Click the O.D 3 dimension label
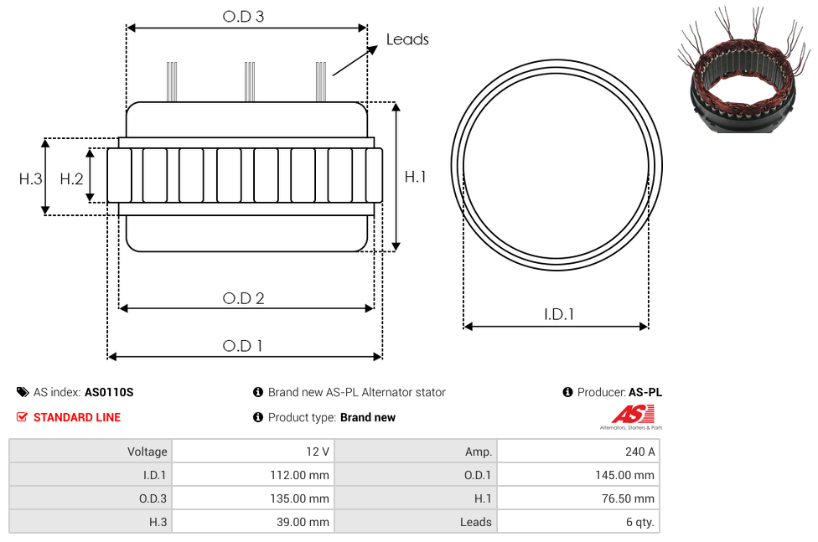click(x=243, y=17)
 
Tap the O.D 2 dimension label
click(x=243, y=298)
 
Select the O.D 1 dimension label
click(x=242, y=346)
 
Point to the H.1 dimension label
click(x=415, y=177)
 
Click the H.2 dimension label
click(x=71, y=179)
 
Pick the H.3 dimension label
click(x=30, y=179)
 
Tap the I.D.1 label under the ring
click(x=559, y=314)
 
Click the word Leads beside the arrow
click(x=407, y=39)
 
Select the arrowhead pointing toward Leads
click(x=372, y=50)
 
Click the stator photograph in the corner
click(x=744, y=70)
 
